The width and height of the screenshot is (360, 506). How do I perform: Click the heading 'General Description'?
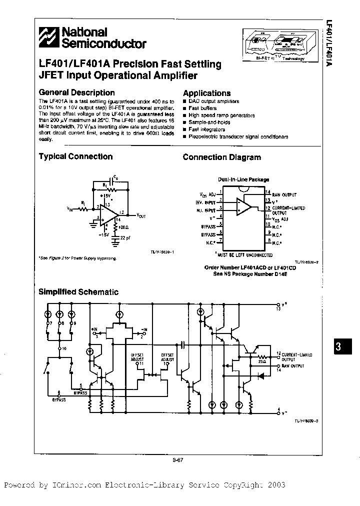pyautogui.click(x=76, y=92)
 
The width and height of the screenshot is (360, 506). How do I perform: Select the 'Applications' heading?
pyautogui.click(x=206, y=93)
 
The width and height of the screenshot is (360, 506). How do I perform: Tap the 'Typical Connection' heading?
pyautogui.click(x=75, y=156)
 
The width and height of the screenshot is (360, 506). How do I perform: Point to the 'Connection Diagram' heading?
pyautogui.click(x=221, y=157)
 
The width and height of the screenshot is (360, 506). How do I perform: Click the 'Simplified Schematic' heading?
pyautogui.click(x=78, y=291)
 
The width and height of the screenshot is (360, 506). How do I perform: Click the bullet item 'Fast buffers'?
pyautogui.click(x=201, y=108)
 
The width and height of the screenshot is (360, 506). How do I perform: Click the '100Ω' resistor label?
pyautogui.click(x=123, y=227)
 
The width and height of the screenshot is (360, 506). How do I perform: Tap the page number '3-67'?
pyautogui.click(x=179, y=461)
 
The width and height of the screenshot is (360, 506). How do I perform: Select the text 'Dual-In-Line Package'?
pyautogui.click(x=243, y=179)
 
